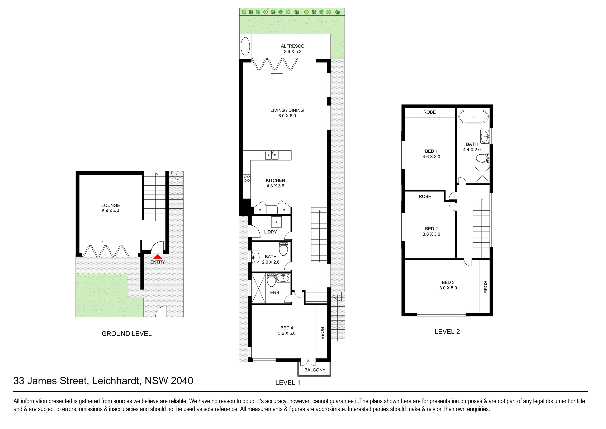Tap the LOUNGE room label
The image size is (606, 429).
click(111, 205)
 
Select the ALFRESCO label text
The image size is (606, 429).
click(292, 46)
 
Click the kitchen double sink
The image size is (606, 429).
click(272, 155)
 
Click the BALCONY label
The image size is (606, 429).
click(315, 370)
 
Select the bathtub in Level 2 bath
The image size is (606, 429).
click(474, 117)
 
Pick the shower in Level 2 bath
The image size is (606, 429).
click(482, 175)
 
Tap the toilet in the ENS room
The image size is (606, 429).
click(271, 280)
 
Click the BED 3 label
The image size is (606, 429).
click(448, 282)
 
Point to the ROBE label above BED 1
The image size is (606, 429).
click(429, 112)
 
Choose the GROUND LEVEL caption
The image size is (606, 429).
click(126, 334)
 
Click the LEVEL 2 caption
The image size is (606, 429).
click(447, 331)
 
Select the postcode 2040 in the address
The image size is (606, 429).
click(182, 381)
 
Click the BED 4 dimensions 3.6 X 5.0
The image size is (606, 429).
click(287, 333)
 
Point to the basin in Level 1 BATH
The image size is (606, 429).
click(256, 257)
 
